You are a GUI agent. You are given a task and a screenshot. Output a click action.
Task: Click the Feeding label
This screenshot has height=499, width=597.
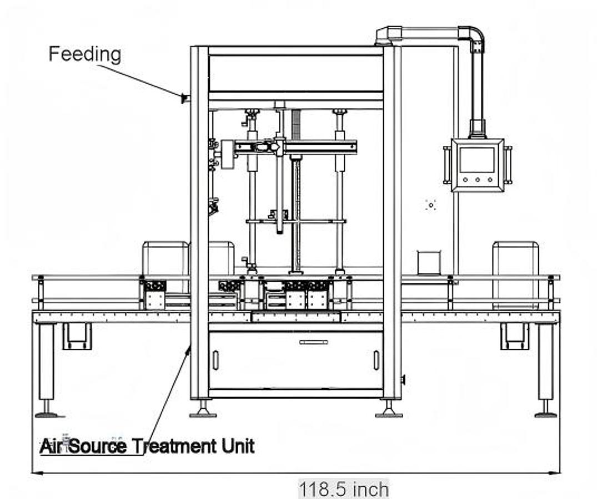pyautogui.click(x=84, y=54)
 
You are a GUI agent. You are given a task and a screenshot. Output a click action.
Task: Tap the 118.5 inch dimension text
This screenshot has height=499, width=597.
pyautogui.click(x=344, y=490)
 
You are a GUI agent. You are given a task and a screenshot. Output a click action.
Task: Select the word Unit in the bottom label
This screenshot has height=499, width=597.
pyautogui.click(x=235, y=446)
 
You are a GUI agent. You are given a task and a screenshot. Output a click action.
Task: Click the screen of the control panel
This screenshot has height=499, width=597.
pyautogui.click(x=477, y=159)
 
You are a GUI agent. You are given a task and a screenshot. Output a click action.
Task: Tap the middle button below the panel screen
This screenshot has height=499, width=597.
pyautogui.click(x=478, y=180)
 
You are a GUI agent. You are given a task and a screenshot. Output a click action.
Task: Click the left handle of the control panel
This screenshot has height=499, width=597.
pyautogui.click(x=447, y=164)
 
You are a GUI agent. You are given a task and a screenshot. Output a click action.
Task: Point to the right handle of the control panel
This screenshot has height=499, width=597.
pyautogui.click(x=508, y=164)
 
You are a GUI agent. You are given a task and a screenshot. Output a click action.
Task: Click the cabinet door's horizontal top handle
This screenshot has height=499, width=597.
pyautogui.click(x=313, y=342)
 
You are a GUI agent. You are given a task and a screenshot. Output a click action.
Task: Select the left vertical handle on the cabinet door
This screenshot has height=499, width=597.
pyautogui.click(x=215, y=360)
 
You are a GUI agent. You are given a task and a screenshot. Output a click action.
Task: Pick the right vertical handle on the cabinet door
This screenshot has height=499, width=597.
pyautogui.click(x=376, y=360)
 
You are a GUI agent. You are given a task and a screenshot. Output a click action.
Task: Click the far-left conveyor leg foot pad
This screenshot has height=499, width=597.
pyautogui.click(x=47, y=414)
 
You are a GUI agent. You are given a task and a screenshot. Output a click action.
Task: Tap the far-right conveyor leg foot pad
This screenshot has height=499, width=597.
pyautogui.click(x=545, y=414)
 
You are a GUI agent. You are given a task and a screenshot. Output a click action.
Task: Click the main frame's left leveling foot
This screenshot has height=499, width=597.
pyautogui.click(x=203, y=413)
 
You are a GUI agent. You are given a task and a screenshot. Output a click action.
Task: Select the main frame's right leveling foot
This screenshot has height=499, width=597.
pyautogui.click(x=389, y=413)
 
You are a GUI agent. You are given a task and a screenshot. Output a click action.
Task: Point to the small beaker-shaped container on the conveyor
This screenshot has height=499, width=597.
pyautogui.click(x=428, y=262)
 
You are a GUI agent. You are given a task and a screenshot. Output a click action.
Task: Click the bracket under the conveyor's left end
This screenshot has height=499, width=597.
pyautogui.click(x=77, y=336)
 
